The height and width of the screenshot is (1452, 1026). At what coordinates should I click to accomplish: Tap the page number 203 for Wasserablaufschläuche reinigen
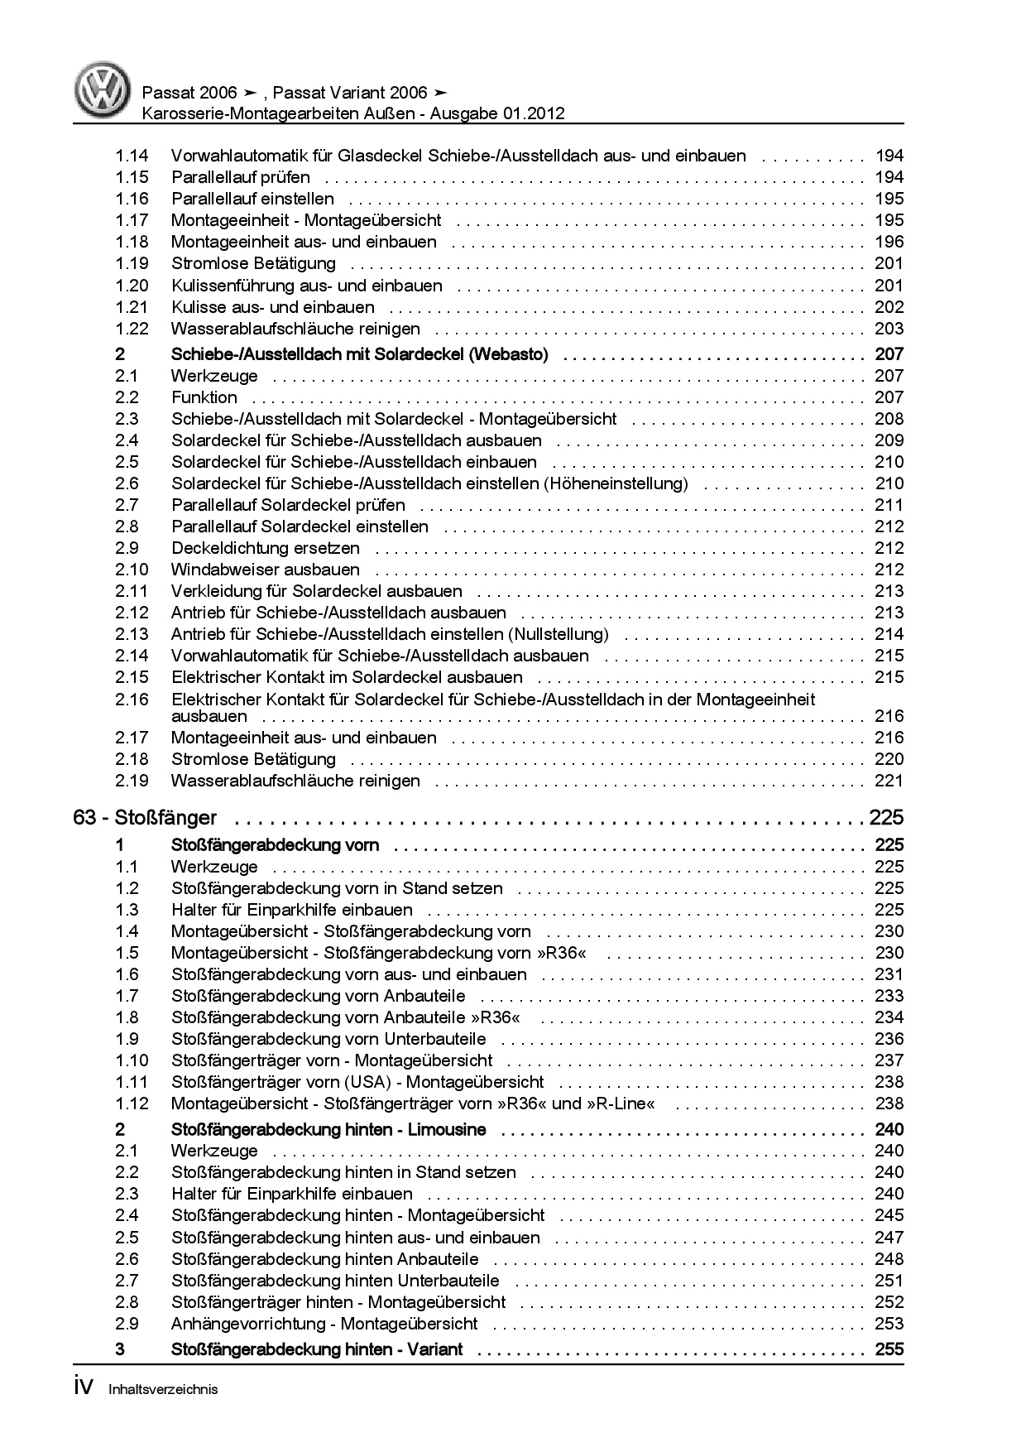click(889, 329)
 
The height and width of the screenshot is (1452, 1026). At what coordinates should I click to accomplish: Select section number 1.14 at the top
click(132, 156)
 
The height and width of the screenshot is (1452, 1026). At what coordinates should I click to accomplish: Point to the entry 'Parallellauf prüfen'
click(241, 177)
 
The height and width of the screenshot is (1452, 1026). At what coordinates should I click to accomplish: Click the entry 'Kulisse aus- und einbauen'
click(273, 307)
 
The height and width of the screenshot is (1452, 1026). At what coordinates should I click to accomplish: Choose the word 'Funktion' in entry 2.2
click(204, 397)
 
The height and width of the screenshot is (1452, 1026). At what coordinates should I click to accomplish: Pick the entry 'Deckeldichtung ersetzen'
click(266, 548)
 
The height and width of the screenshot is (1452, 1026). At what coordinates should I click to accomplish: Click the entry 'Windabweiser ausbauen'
click(266, 570)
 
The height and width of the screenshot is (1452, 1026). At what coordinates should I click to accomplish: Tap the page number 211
click(889, 505)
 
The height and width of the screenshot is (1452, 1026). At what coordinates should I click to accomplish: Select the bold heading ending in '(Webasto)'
click(359, 354)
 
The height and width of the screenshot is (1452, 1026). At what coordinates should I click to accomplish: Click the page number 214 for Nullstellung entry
click(889, 634)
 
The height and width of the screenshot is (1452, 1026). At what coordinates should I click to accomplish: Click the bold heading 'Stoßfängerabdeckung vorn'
click(275, 845)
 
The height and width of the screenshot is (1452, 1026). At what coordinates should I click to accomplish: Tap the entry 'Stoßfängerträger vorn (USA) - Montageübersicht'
click(357, 1082)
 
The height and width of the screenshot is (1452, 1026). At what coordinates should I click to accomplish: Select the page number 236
click(889, 1039)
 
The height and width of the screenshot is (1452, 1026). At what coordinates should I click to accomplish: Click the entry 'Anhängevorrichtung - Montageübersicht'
click(324, 1324)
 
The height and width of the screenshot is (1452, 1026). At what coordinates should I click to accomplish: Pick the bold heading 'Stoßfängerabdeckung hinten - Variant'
click(316, 1349)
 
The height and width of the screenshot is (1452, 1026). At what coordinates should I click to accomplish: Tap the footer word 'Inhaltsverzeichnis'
click(163, 1390)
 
